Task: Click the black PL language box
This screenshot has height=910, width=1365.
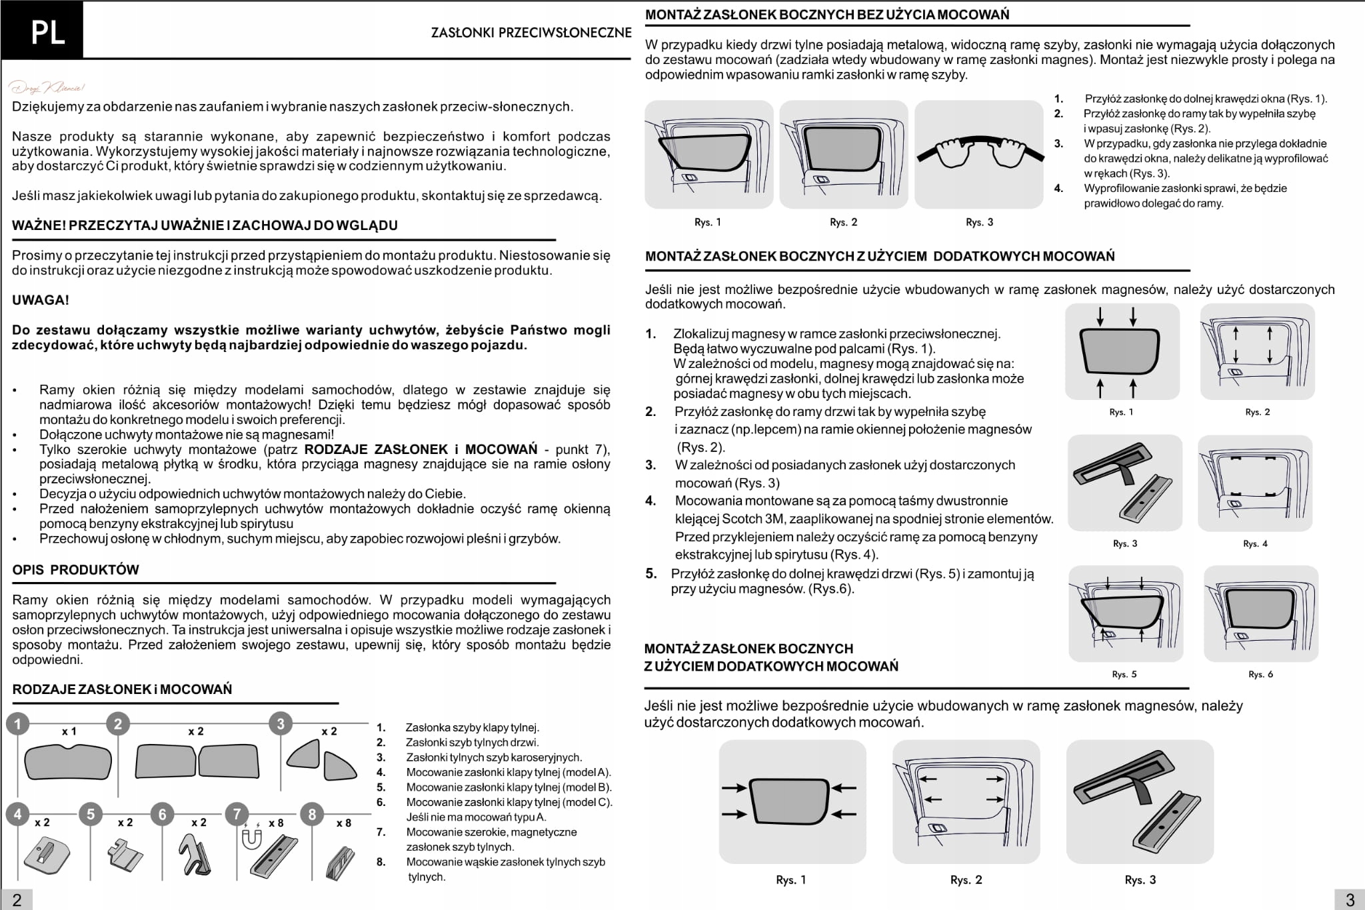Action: pyautogui.click(x=42, y=31)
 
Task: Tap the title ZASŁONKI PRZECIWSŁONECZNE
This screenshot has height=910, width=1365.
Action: pyautogui.click(x=531, y=33)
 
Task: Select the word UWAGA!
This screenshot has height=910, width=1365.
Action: pyautogui.click(x=41, y=300)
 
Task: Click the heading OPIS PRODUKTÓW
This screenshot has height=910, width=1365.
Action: pyautogui.click(x=75, y=570)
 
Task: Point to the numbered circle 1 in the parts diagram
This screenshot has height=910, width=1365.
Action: pyautogui.click(x=18, y=723)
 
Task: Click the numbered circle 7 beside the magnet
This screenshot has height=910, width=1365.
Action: pyautogui.click(x=237, y=814)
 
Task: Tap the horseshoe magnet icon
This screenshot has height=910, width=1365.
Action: pyautogui.click(x=251, y=840)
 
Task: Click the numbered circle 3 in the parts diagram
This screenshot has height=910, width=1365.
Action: pyautogui.click(x=281, y=723)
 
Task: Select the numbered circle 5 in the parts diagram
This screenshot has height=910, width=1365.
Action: pyautogui.click(x=91, y=814)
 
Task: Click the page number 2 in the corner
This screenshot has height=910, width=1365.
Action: pyautogui.click(x=17, y=901)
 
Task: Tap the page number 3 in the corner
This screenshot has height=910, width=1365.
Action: pyautogui.click(x=1350, y=900)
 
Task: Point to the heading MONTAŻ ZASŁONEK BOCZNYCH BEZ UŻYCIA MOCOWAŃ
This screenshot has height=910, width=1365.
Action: pyautogui.click(x=826, y=15)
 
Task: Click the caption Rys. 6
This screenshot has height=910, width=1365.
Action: pyautogui.click(x=1260, y=674)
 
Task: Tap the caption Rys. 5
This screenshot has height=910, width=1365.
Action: pyautogui.click(x=1124, y=674)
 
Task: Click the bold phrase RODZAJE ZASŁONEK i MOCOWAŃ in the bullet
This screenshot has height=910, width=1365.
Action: pyautogui.click(x=421, y=449)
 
